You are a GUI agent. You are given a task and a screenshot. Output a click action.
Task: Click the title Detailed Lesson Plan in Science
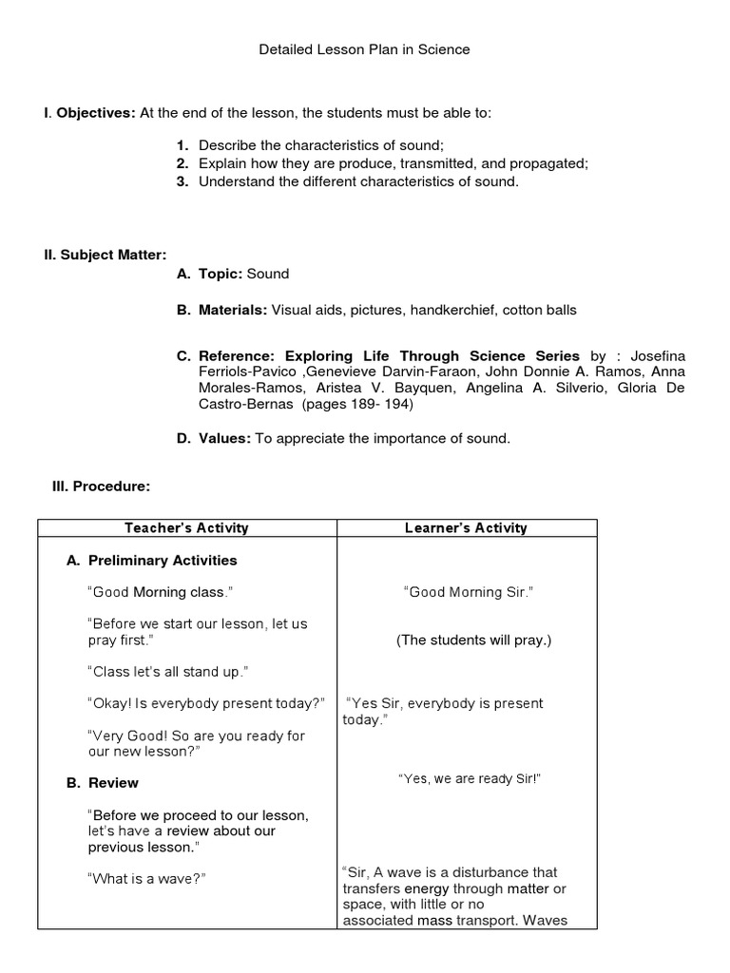click(365, 49)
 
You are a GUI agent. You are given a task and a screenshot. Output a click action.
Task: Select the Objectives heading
click(95, 113)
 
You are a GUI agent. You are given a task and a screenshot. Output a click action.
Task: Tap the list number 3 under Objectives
click(182, 181)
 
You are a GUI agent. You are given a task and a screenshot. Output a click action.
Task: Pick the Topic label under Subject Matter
click(221, 274)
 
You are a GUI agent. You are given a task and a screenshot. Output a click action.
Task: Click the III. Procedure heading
click(101, 486)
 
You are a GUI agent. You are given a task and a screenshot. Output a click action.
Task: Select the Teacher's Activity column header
click(186, 528)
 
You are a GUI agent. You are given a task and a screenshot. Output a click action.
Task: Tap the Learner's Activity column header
click(467, 528)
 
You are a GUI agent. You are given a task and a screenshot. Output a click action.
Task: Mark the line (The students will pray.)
click(473, 640)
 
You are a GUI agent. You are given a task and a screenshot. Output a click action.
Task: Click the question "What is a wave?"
click(146, 879)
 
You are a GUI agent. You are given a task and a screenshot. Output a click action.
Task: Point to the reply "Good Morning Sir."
click(469, 592)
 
